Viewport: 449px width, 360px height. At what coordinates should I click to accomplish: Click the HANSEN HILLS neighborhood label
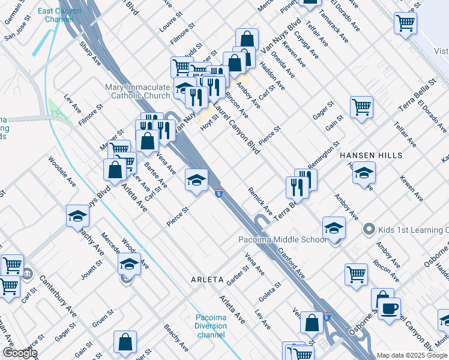pos(366,155)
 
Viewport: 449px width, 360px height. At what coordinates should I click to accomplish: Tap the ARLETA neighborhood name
pos(207,280)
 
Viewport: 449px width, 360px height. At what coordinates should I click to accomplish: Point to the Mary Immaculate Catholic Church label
pos(137,91)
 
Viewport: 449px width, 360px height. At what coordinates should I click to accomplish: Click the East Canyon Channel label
pos(58,14)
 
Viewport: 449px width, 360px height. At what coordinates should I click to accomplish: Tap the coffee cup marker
pos(389,309)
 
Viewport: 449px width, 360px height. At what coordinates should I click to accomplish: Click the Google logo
pos(20,353)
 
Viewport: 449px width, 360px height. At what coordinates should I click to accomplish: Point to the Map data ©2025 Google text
pos(411,355)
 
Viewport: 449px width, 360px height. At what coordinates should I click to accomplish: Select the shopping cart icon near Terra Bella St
pos(361,107)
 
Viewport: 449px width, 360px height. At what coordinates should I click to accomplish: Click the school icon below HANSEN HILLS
pos(364,174)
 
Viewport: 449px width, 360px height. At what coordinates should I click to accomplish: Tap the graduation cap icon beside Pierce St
pos(196,179)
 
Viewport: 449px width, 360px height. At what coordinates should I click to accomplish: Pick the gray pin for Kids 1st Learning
pos(369,229)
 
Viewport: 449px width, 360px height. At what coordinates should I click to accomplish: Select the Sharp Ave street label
pos(91,52)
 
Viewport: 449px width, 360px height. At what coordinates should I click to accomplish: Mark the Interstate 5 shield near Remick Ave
pos(219,193)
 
